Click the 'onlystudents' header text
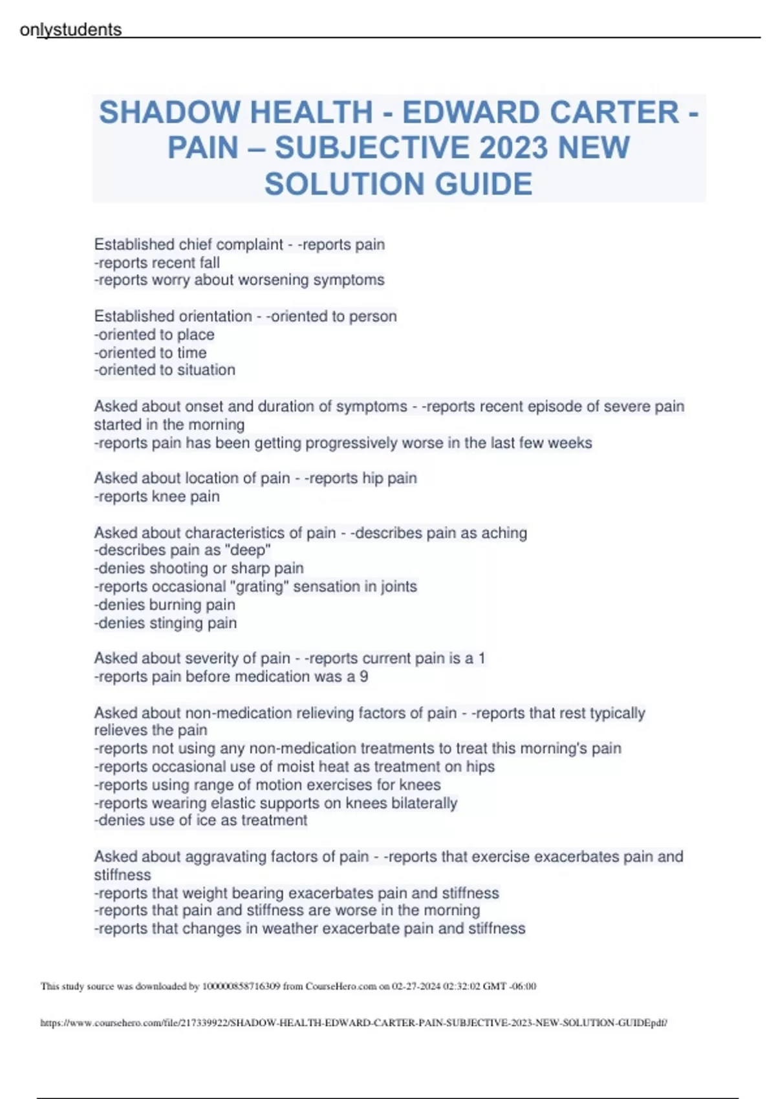[x=70, y=30]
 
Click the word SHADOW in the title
[x=169, y=112]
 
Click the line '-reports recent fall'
[x=157, y=262]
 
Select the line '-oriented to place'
[x=155, y=334]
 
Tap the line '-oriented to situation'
[x=165, y=370]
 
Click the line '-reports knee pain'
[x=157, y=496]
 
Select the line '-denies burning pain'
[x=165, y=604]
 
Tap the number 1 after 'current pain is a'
[x=481, y=658]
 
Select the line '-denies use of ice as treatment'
[x=201, y=820]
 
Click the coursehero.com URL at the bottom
[x=354, y=1023]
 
